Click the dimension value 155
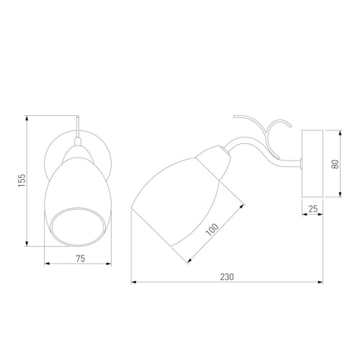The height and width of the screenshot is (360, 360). point(22,181)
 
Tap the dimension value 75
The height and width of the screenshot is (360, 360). point(81,258)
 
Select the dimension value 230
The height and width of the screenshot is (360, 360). point(227,277)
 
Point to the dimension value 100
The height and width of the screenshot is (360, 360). point(212,230)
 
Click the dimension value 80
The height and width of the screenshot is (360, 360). point(335,164)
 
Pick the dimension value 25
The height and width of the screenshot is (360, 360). point(312,209)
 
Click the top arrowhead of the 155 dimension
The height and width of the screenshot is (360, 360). point(27,118)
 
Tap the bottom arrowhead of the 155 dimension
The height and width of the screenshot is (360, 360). point(27,243)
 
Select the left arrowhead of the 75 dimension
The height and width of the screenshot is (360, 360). point(47,264)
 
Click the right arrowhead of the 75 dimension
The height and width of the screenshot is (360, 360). point(109,264)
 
